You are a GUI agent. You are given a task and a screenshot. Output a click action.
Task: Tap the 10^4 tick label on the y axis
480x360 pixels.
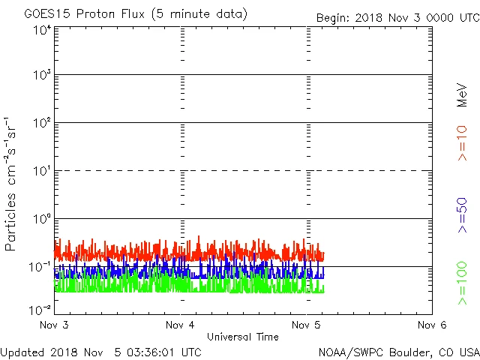tap(41, 31)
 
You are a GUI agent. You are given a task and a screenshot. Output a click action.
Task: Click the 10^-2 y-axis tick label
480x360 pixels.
tap(40, 310)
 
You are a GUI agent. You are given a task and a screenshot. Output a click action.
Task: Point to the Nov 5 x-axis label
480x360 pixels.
tap(306, 325)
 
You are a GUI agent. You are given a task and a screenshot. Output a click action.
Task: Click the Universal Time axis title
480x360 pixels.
tap(243, 337)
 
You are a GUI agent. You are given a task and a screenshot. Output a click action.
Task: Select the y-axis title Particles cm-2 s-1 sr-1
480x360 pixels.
tap(12, 184)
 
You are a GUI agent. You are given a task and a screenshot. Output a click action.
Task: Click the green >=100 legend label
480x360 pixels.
tap(462, 283)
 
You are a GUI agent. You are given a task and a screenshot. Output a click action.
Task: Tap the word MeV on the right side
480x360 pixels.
tap(462, 94)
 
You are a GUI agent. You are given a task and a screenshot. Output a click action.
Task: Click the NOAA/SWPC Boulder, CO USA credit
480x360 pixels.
tap(398, 351)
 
